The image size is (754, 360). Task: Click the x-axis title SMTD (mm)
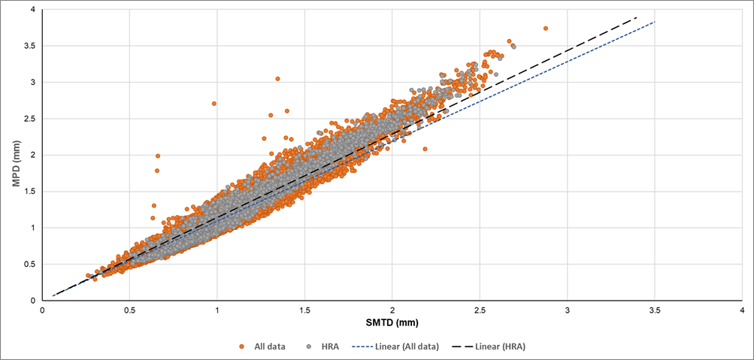tap(392, 322)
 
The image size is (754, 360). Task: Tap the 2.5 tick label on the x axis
tap(480, 310)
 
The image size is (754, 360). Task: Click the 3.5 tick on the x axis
tap(655, 310)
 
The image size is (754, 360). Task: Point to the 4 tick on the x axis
tap(742, 310)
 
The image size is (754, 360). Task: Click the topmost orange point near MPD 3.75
tap(546, 29)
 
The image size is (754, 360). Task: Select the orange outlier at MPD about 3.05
tap(277, 79)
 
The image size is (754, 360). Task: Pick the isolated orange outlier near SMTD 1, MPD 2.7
tap(214, 104)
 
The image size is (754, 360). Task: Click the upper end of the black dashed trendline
tap(637, 17)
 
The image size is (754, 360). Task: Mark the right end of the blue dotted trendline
tap(655, 23)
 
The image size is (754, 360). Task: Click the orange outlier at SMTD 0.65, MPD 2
tap(158, 156)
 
